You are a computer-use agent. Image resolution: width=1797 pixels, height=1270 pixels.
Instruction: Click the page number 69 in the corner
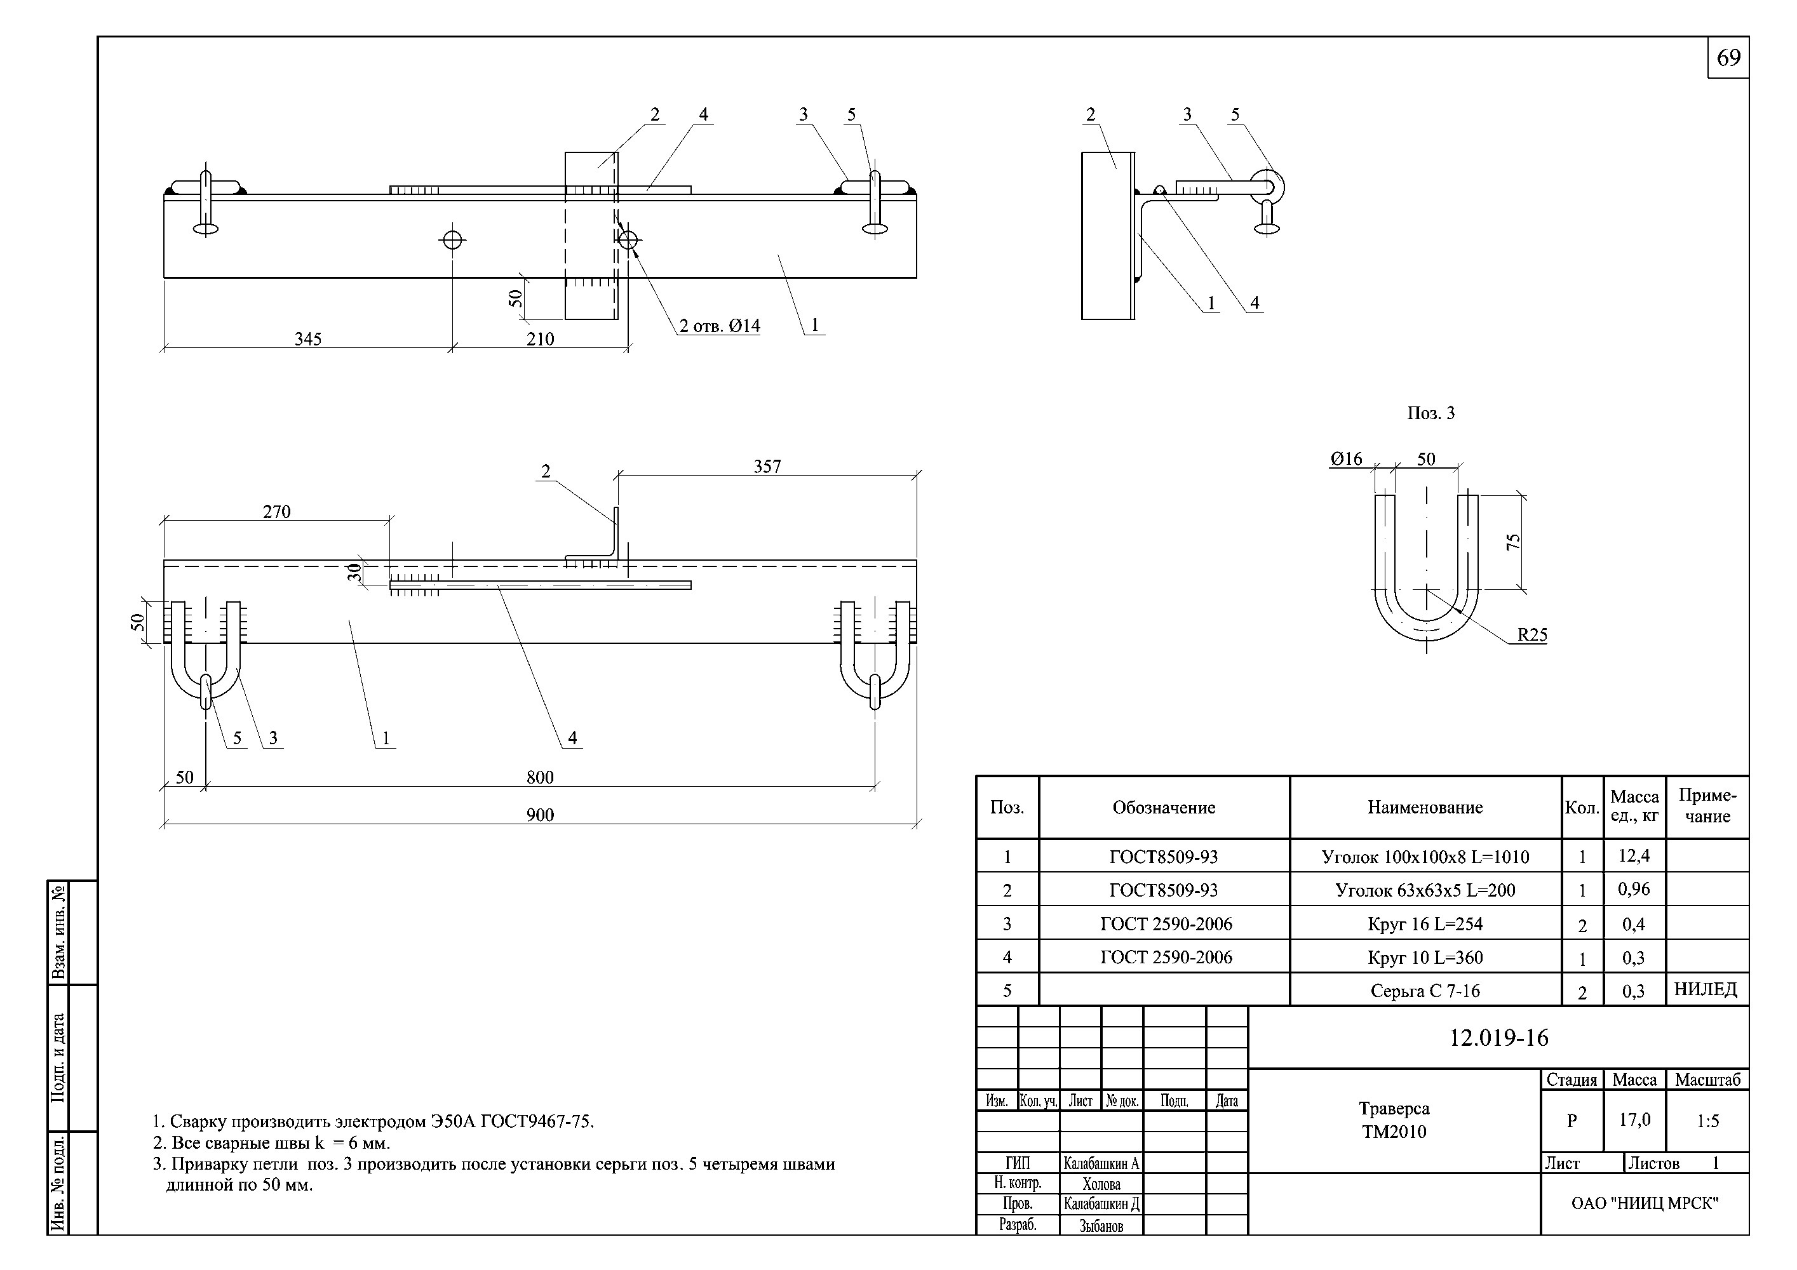point(1728,58)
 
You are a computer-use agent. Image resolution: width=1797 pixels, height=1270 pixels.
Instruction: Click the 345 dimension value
point(307,339)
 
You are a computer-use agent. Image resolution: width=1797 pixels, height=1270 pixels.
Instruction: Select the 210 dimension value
point(540,339)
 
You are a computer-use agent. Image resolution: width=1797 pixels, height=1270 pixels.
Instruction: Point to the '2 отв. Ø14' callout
point(719,326)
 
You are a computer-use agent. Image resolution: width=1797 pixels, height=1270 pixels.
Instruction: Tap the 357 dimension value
point(767,466)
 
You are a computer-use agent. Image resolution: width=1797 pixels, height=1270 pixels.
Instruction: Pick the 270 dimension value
point(276,512)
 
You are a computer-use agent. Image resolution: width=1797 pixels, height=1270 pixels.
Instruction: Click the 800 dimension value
point(540,777)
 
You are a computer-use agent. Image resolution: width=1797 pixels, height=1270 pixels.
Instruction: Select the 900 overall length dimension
point(540,815)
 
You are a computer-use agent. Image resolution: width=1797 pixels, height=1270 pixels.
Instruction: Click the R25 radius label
point(1531,634)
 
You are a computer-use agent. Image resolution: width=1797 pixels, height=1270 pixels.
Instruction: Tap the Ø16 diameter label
point(1346,459)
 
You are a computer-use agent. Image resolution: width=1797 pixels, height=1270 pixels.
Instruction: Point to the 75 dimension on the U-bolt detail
point(1514,542)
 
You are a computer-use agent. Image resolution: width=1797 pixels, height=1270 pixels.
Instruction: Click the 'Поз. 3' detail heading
point(1430,413)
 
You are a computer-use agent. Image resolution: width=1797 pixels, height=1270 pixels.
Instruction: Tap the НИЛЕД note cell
point(1706,990)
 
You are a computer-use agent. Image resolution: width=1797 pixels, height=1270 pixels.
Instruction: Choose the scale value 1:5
point(1708,1121)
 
